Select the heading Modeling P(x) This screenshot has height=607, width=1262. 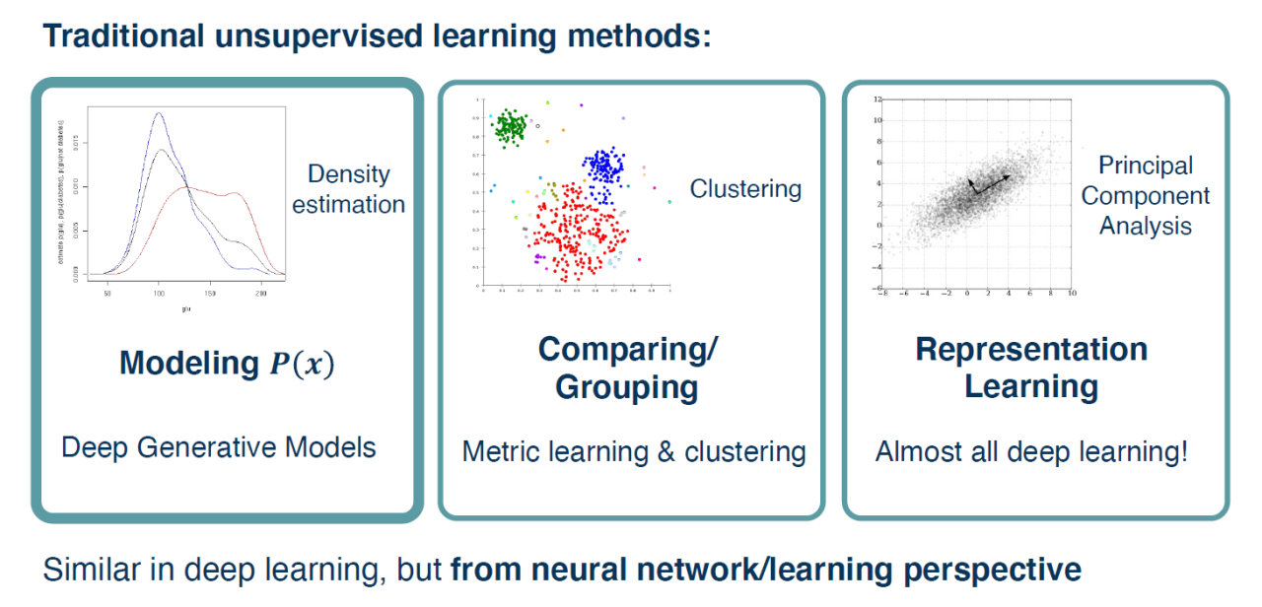point(227,364)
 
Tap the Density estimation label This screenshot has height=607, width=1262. point(348,189)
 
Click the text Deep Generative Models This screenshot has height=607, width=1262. point(219,447)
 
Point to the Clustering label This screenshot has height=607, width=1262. point(745,188)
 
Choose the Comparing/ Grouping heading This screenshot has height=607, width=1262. point(628,368)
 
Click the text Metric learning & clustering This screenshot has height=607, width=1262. point(634,451)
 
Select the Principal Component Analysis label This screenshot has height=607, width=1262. point(1146,195)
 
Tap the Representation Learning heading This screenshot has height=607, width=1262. point(1031,368)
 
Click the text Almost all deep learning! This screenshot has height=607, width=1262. point(1031,451)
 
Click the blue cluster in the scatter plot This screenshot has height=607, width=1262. point(604,167)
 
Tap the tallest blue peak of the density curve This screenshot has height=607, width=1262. point(158,115)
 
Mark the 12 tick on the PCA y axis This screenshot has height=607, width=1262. point(875,101)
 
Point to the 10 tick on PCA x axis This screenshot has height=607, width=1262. point(1071,294)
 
